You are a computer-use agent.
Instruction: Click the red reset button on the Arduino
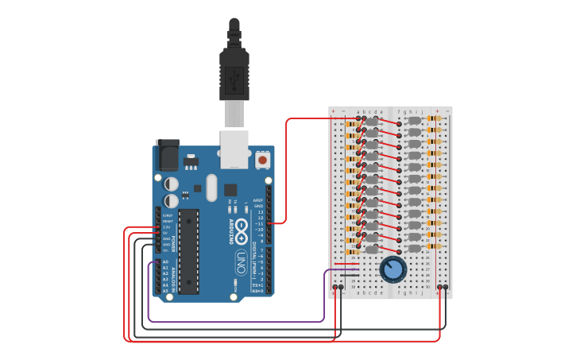tap(263, 160)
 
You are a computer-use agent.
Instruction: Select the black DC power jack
tap(168, 154)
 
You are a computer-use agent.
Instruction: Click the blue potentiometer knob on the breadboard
tap(392, 269)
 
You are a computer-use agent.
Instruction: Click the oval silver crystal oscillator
tap(211, 188)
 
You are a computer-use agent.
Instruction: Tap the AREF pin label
tap(258, 200)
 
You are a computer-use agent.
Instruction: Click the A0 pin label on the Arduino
tap(165, 261)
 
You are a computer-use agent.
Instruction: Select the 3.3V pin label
tap(166, 226)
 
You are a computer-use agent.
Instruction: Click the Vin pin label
tap(166, 250)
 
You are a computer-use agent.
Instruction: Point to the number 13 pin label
tap(260, 212)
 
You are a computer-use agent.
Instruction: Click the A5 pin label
tap(165, 291)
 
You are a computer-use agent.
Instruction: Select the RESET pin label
tap(167, 221)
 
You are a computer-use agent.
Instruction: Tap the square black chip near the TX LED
tap(230, 190)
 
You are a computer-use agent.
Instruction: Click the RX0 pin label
tap(257, 291)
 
